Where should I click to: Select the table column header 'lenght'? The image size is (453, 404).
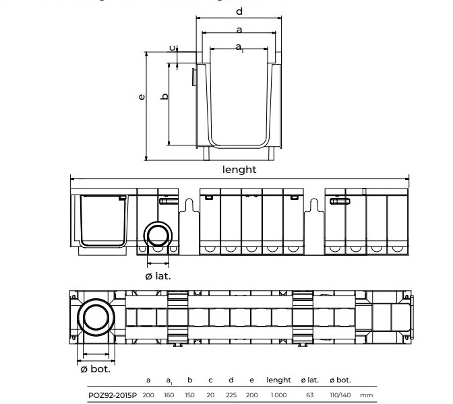(x=278, y=380)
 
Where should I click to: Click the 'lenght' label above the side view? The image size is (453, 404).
(x=239, y=170)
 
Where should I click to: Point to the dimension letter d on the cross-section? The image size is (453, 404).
(x=239, y=11)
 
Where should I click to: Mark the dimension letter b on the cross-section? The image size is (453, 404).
(x=164, y=96)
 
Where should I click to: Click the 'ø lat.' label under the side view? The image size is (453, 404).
(x=158, y=275)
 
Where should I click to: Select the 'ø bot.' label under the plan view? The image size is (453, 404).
(x=94, y=369)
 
